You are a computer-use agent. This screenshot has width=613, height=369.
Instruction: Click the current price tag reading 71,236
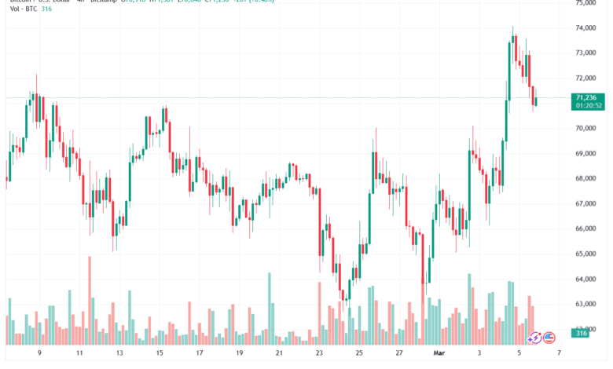pyautogui.click(x=589, y=97)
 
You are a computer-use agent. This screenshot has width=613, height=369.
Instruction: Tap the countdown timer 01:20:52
pyautogui.click(x=589, y=105)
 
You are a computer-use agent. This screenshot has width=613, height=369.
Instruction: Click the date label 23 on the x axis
pyautogui.click(x=319, y=354)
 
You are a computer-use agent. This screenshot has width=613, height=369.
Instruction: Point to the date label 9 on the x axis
pyautogui.click(x=39, y=354)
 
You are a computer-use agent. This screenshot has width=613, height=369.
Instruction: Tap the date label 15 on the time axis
pyautogui.click(x=160, y=354)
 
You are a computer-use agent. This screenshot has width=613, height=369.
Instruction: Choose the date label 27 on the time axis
pyautogui.click(x=399, y=354)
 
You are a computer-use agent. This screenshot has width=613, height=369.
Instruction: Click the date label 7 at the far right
pyautogui.click(x=559, y=354)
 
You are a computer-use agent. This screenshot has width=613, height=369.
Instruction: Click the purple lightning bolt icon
pyautogui.click(x=534, y=337)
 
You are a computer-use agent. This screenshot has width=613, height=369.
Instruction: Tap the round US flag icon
pyautogui.click(x=549, y=337)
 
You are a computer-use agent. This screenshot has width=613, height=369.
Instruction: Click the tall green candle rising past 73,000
pyautogui.click(x=509, y=71)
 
